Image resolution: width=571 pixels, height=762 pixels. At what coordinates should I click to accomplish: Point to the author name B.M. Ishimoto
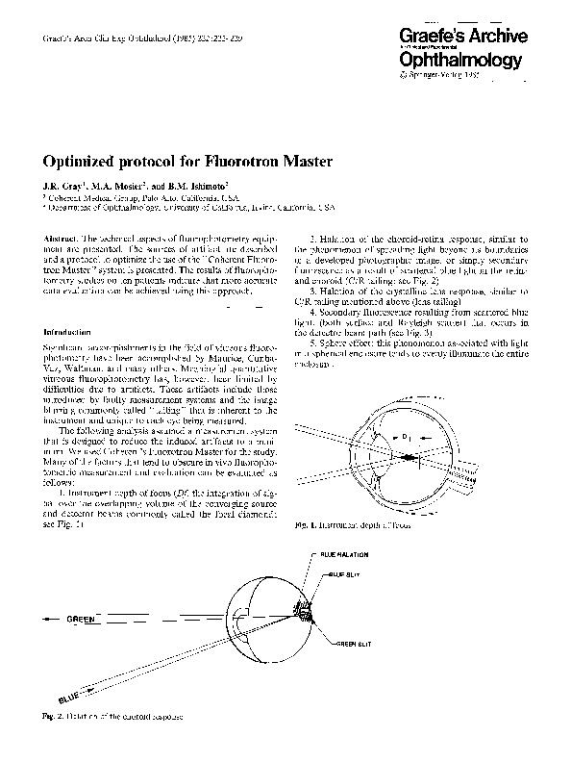(202, 185)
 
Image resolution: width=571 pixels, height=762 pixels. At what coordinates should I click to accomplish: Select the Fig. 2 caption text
(112, 717)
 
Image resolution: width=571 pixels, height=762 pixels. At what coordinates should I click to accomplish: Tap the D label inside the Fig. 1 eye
(406, 440)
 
